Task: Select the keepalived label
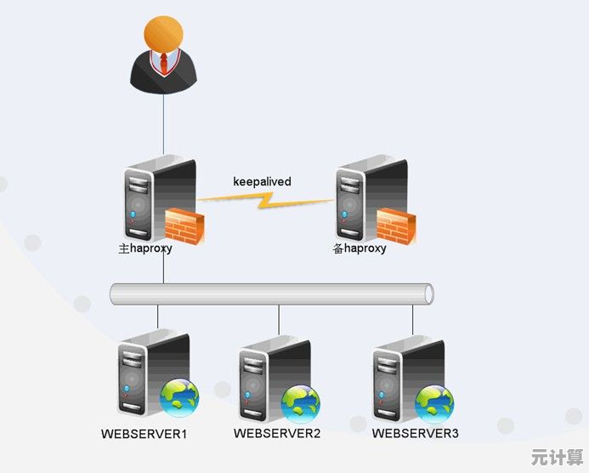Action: point(262,182)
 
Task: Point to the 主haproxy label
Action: point(145,249)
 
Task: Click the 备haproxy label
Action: point(360,248)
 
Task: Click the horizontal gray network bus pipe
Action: point(272,294)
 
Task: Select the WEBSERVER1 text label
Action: point(144,434)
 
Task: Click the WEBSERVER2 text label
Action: point(277,433)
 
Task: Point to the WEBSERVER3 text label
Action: point(415,433)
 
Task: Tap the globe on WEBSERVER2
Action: point(300,403)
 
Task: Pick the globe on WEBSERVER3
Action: point(434,402)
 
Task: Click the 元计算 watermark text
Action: point(557,457)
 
